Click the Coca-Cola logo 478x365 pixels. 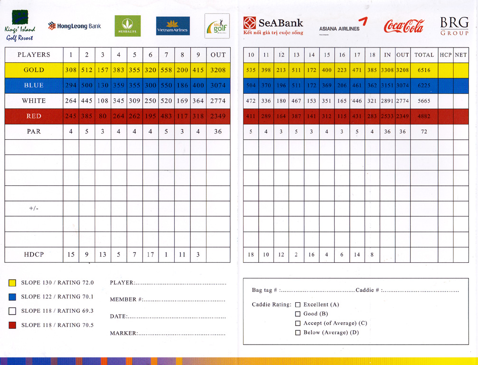[403, 27]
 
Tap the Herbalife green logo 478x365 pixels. [127, 26]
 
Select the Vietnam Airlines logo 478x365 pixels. [173, 26]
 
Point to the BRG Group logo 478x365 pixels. [454, 27]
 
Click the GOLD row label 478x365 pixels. [34, 70]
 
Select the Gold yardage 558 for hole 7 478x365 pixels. [166, 70]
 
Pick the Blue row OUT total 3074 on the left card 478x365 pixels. [218, 86]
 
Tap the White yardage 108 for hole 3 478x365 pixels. [103, 101]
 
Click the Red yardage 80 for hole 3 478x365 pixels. [103, 116]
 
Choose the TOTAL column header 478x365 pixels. [424, 55]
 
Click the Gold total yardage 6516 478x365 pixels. [424, 70]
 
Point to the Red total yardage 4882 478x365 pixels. [424, 116]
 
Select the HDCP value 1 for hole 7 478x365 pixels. [166, 255]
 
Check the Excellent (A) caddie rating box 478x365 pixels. [298, 305]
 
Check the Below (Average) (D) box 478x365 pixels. [298, 333]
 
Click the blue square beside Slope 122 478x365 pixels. [12, 297]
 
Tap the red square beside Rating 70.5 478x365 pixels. [12, 326]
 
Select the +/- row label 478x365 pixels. [34, 209]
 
